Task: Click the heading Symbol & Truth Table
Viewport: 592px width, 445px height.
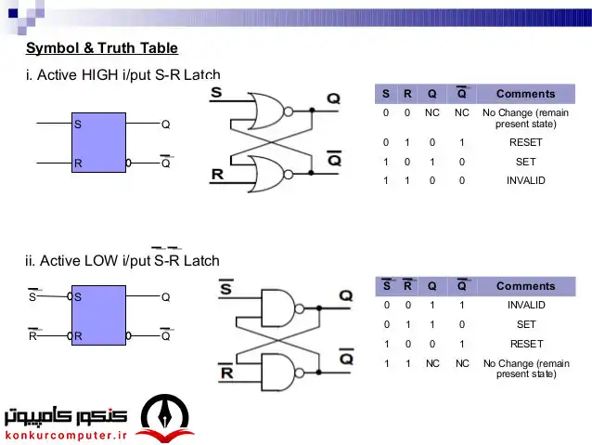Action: coord(102,48)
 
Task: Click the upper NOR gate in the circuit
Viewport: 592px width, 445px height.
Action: coord(270,111)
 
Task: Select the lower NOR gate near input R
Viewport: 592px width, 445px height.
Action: coord(270,175)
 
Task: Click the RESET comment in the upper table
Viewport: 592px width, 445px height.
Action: coord(525,142)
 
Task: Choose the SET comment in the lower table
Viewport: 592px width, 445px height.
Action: coord(526,324)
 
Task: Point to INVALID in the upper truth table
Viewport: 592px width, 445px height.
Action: coord(525,180)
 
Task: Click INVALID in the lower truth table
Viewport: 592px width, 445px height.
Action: coord(526,305)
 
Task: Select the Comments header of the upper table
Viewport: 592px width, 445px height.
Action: coord(525,94)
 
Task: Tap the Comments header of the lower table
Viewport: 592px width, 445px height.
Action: coord(525,286)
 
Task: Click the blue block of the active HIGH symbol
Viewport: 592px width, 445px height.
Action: coord(99,142)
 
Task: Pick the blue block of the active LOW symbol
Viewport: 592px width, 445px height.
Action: coord(99,315)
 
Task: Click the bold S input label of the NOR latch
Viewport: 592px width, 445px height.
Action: coord(216,92)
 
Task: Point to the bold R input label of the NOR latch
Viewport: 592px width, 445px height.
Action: coord(217,175)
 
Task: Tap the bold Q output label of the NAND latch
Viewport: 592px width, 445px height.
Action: coord(346,295)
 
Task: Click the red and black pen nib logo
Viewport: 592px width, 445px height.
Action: coord(165,418)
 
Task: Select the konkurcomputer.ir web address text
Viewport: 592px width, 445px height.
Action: coord(67,435)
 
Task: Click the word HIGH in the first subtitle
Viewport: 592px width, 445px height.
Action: coord(99,75)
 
